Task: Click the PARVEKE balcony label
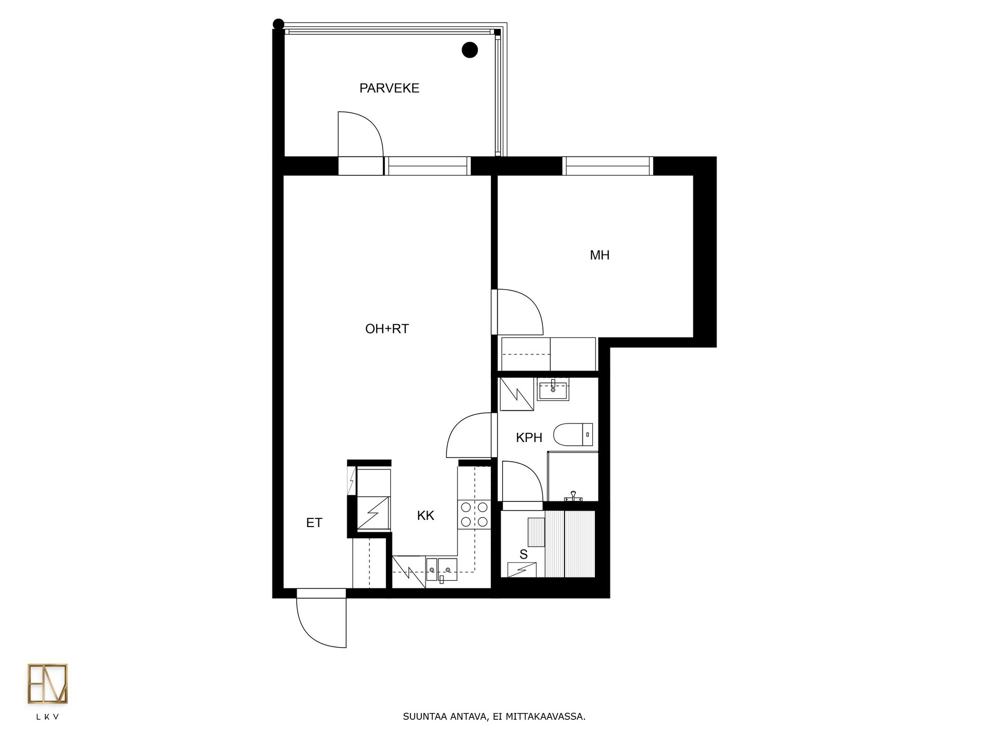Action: (x=389, y=88)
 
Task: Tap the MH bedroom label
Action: (x=600, y=255)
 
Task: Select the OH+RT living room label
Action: (x=387, y=329)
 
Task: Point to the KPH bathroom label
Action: (x=529, y=437)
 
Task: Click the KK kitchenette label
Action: (x=425, y=515)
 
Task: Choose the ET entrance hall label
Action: (x=314, y=522)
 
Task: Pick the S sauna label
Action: (x=523, y=554)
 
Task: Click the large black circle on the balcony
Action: (x=470, y=50)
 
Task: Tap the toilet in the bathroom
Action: (x=573, y=434)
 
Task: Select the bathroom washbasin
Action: (x=553, y=389)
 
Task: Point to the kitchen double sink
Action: (x=441, y=570)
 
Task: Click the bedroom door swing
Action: (x=518, y=312)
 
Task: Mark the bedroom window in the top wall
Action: (x=608, y=166)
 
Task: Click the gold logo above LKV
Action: (x=47, y=684)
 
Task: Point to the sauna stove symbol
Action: (x=522, y=570)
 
